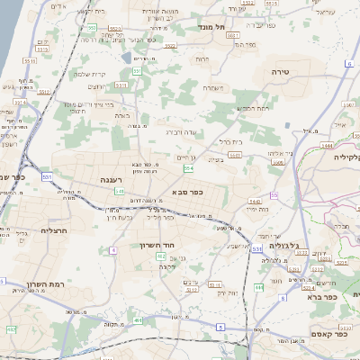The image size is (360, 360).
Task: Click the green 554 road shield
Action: click(187, 168)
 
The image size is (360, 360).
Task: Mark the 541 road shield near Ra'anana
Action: click(119, 191)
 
